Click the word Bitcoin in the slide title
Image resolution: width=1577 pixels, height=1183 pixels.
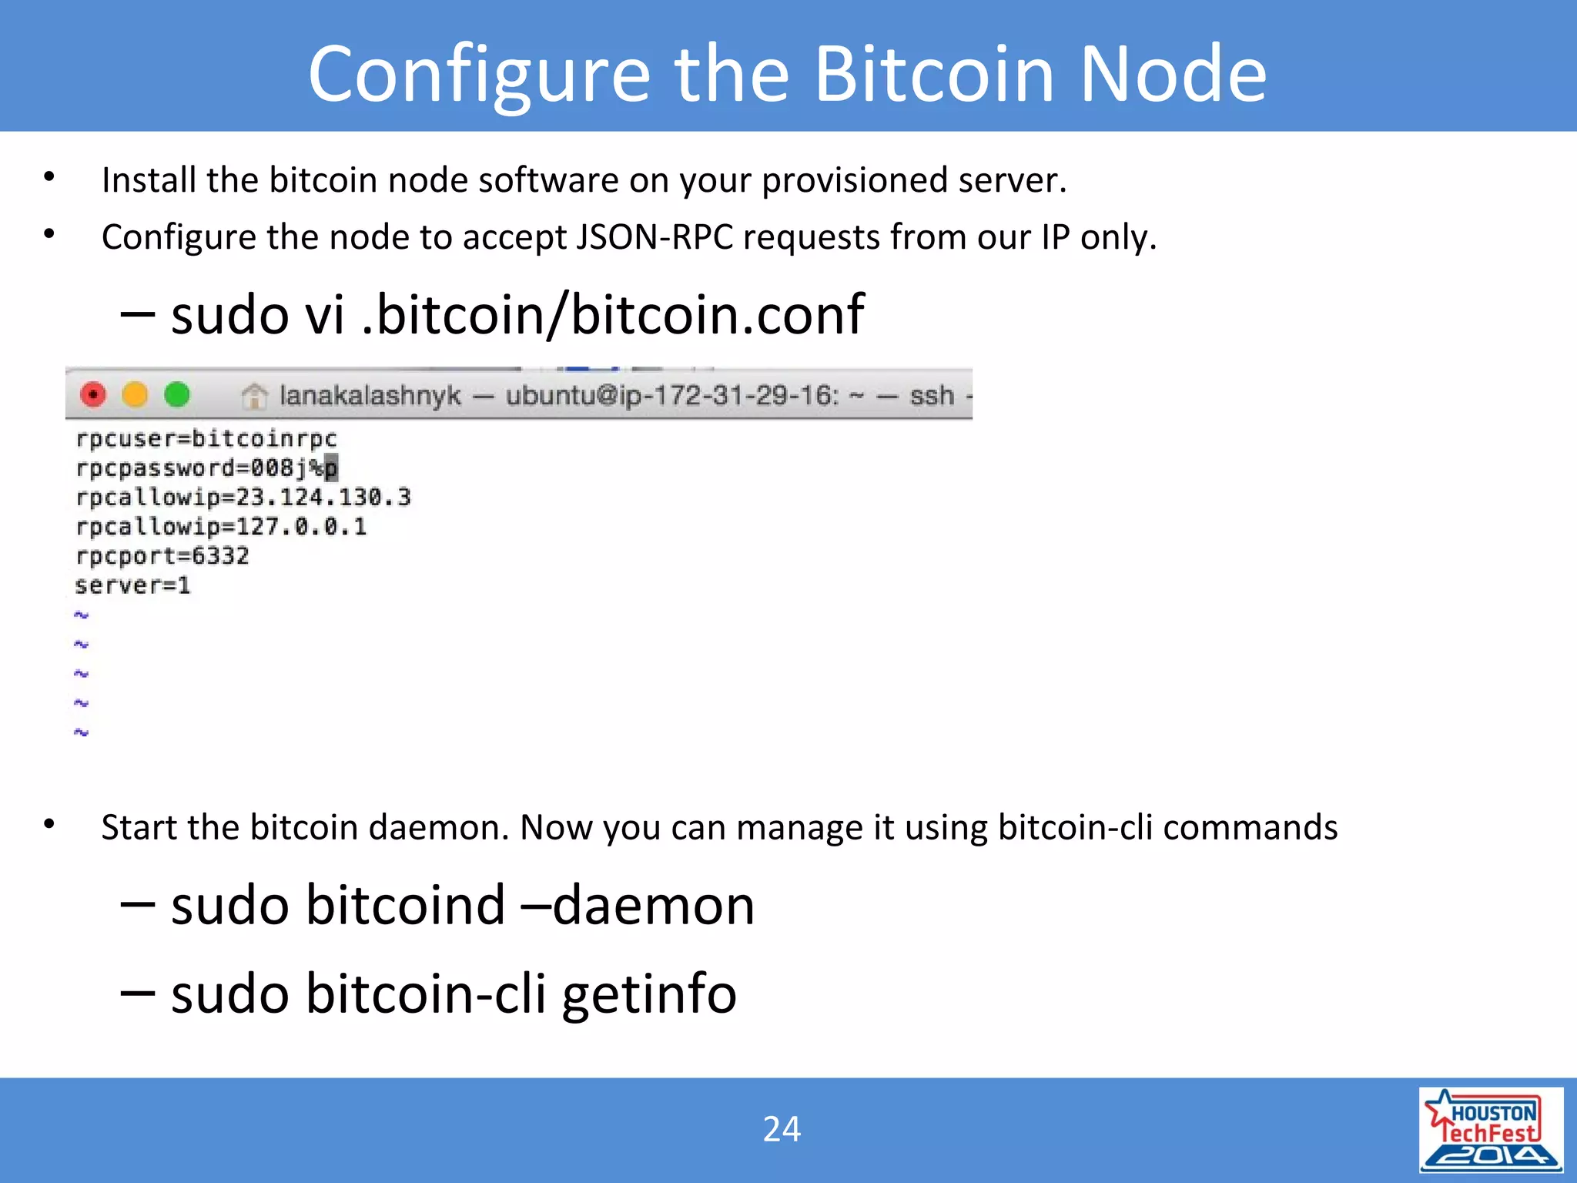coord(934,74)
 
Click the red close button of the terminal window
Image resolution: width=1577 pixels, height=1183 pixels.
coord(93,395)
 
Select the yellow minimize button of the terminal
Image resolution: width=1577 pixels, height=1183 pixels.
coord(135,395)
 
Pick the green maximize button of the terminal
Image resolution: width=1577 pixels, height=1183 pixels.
coord(177,395)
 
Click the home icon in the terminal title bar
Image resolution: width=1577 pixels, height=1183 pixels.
coord(254,397)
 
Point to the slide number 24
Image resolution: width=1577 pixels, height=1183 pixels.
coord(782,1129)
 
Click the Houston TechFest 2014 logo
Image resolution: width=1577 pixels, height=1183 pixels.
coord(1491,1130)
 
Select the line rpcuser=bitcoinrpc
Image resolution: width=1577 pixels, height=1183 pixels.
coord(206,439)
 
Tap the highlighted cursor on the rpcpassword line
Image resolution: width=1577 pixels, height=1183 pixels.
coord(331,468)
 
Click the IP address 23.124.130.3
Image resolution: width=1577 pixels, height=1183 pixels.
coord(323,498)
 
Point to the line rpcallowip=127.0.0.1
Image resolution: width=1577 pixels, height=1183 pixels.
coord(221,527)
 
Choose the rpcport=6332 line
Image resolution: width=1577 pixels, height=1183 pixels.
coord(162,556)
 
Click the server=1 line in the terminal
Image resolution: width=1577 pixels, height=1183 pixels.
coord(132,585)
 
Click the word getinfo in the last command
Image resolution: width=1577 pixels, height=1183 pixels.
coord(649,994)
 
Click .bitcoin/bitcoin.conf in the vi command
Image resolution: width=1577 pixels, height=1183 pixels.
coord(613,315)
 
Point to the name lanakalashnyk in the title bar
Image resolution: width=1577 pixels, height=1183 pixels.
coord(370,396)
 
